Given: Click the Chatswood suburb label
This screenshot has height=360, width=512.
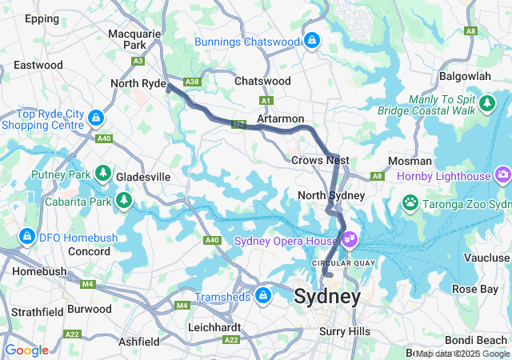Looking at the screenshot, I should (x=262, y=81).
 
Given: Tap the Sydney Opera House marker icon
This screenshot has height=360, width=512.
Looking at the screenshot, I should (x=350, y=238).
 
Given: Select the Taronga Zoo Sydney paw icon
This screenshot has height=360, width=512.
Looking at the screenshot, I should (x=410, y=203).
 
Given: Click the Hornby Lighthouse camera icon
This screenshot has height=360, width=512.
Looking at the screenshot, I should (x=503, y=174).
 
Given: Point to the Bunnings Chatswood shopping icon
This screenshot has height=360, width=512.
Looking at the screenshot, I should (x=312, y=38).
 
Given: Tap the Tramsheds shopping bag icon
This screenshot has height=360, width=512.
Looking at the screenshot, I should (x=262, y=297).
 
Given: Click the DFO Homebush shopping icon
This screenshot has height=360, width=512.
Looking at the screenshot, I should (x=27, y=237).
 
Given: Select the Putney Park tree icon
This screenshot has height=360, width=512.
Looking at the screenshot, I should (x=102, y=173).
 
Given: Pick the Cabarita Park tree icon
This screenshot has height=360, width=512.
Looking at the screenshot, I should (x=124, y=199).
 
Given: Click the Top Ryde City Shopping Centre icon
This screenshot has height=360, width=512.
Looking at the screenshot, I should (x=95, y=119).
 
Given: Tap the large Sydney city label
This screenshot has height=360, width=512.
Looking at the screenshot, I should (x=326, y=297).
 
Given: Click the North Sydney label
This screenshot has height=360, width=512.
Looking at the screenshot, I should (x=330, y=195).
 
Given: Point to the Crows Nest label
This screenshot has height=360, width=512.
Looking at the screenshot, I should (x=317, y=161).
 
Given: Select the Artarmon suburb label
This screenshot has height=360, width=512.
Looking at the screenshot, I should (x=280, y=118).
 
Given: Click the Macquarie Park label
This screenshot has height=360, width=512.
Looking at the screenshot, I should (x=135, y=40).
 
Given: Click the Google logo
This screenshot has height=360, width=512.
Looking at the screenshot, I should (x=27, y=350).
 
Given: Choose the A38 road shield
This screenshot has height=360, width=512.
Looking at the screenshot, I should (x=191, y=82).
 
